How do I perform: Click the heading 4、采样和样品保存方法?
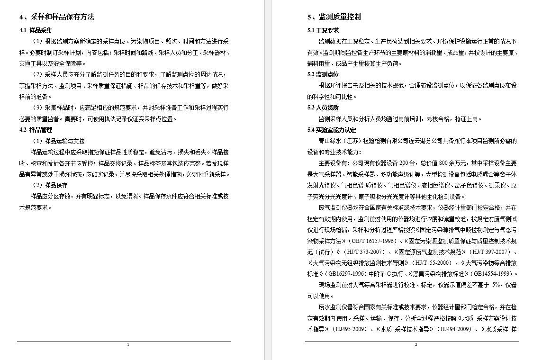[x=57, y=17]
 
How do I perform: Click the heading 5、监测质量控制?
[x=334, y=17]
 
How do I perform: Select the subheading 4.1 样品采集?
[x=36, y=30]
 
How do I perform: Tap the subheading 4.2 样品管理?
[x=36, y=130]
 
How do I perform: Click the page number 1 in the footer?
[x=128, y=344]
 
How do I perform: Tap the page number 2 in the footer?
[x=416, y=344]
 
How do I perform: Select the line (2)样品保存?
[x=50, y=185]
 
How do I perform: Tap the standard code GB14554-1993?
[x=492, y=274]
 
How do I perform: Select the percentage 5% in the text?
[x=496, y=285]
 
